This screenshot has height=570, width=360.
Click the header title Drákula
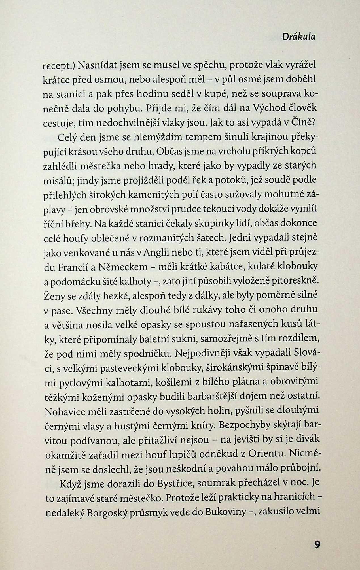tap(299, 37)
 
